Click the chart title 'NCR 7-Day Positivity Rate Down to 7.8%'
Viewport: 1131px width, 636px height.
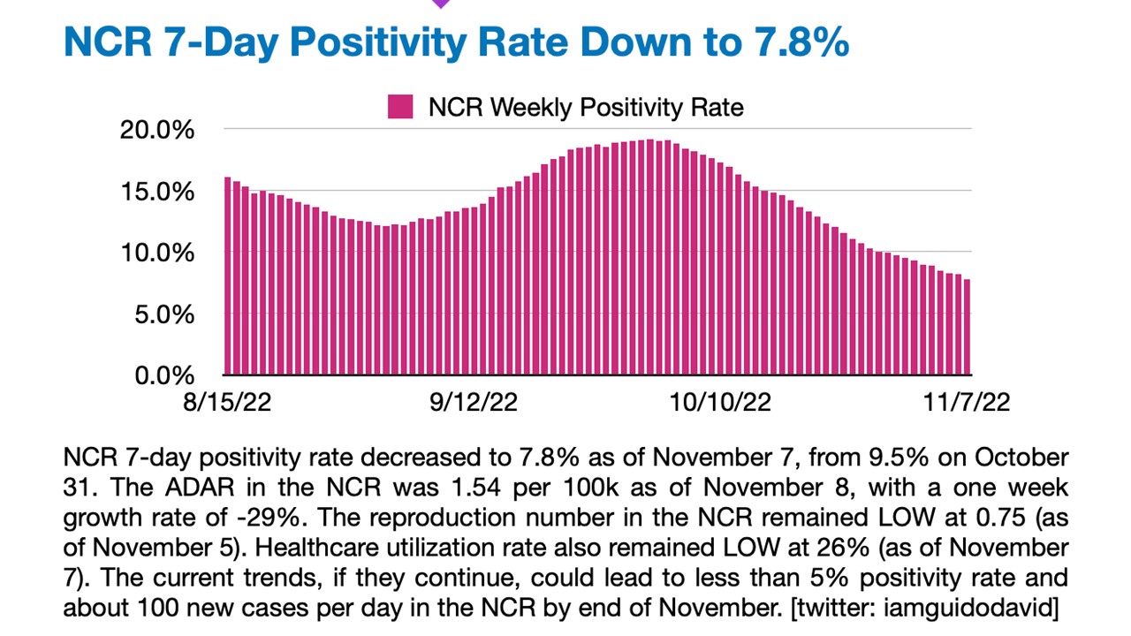(x=456, y=42)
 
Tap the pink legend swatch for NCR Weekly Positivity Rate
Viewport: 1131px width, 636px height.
(x=400, y=108)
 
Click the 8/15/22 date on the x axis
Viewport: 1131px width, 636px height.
(x=226, y=403)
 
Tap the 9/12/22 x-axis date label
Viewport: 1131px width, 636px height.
(x=474, y=403)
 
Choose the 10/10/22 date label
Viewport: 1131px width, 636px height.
(x=721, y=403)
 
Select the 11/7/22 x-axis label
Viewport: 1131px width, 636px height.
(x=968, y=403)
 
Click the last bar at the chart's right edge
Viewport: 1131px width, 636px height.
(x=968, y=327)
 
